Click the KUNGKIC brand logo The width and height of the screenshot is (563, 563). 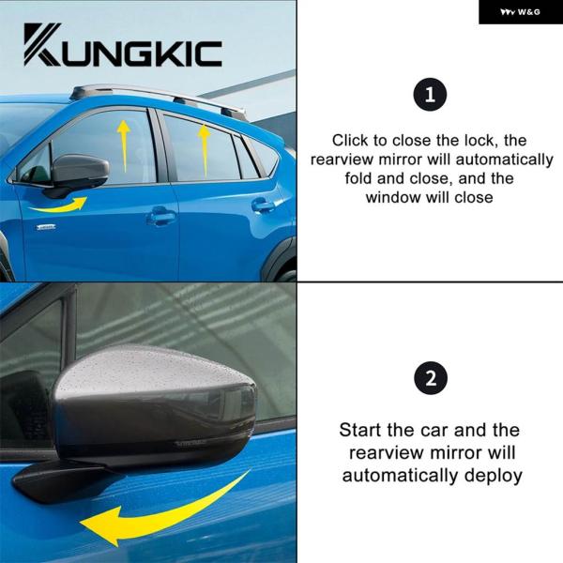coord(123,45)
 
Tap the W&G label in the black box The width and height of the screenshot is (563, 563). coord(520,12)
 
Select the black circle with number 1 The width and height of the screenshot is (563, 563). coord(430,95)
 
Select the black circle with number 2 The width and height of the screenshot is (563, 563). coord(431,378)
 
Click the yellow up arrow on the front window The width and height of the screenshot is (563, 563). coord(124,145)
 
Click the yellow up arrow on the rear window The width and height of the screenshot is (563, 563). coord(205,151)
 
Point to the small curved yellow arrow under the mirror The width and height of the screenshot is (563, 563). coord(59,205)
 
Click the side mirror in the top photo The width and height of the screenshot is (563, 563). coord(78,173)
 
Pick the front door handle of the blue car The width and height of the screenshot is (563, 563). coord(160,216)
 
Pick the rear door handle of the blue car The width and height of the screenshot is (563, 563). coord(263,205)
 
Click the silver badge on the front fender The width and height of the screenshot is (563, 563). coord(46,227)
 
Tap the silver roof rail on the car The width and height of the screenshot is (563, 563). coord(158,98)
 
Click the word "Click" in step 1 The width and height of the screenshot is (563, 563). coord(350,141)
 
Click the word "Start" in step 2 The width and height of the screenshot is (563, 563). coord(360,430)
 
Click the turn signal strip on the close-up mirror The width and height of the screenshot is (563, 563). coord(190,444)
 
